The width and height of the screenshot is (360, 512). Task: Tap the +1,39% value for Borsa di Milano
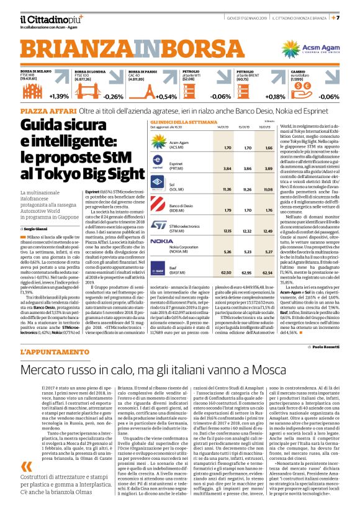coord(60,96)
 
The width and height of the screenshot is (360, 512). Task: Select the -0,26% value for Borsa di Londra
coord(114,97)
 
